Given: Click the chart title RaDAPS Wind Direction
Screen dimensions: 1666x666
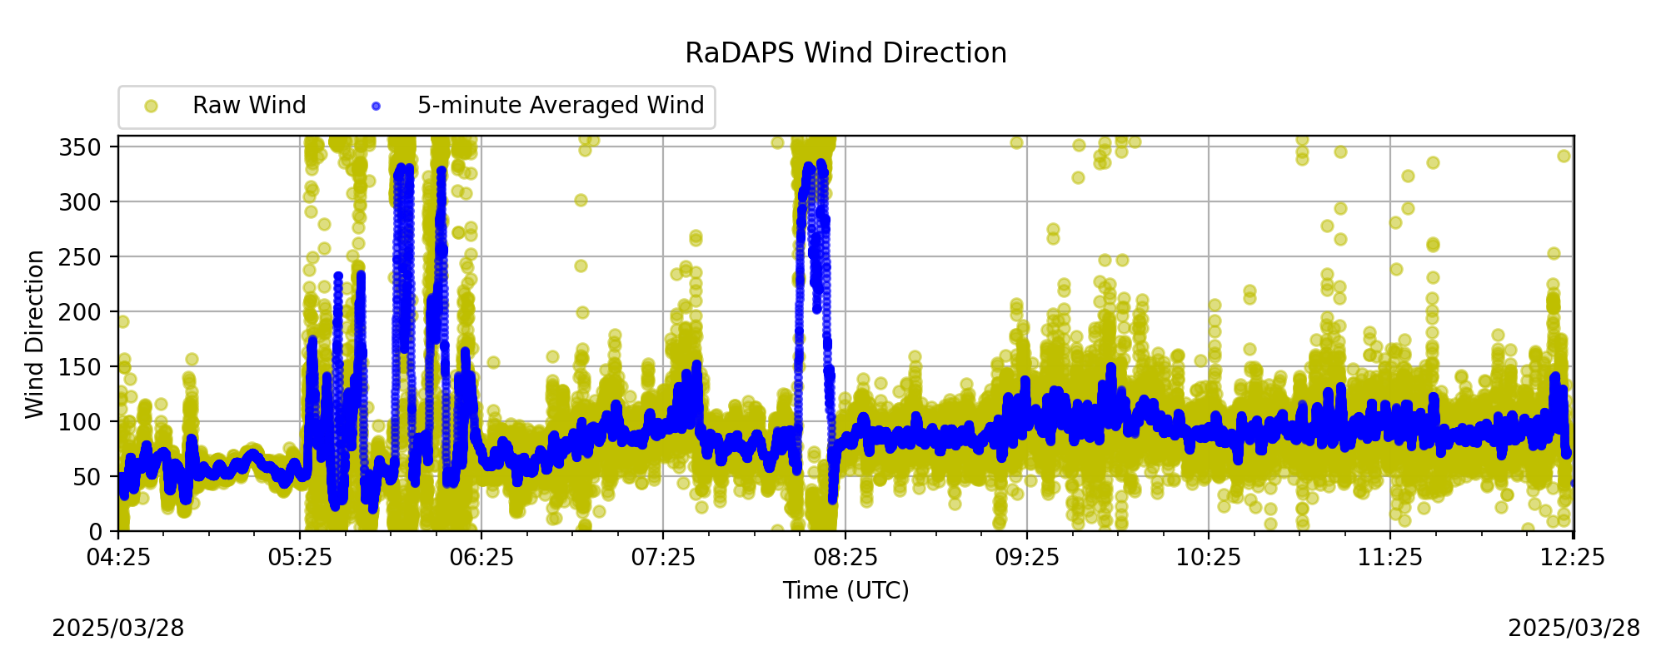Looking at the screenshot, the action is point(845,53).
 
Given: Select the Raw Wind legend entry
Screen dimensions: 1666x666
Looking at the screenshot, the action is point(225,106).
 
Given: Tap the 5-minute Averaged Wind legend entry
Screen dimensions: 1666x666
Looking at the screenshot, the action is point(538,106).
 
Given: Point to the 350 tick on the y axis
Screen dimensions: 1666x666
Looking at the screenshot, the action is point(82,147).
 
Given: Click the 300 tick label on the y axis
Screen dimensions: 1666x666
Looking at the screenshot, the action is point(82,202).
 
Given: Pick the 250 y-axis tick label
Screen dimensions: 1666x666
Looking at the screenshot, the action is point(82,257).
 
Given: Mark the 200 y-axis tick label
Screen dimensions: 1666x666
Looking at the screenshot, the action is point(82,312).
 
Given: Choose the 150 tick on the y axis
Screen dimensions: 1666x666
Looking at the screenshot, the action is point(82,367).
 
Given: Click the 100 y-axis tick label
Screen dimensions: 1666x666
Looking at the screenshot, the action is point(82,422).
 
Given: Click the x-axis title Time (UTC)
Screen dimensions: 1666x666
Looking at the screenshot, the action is point(845,591).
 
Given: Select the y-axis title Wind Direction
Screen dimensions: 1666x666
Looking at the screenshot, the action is point(35,334).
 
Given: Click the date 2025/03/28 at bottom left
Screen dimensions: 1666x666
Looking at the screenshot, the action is point(118,629).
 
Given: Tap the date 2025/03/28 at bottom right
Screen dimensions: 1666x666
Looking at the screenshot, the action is point(1574,629).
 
